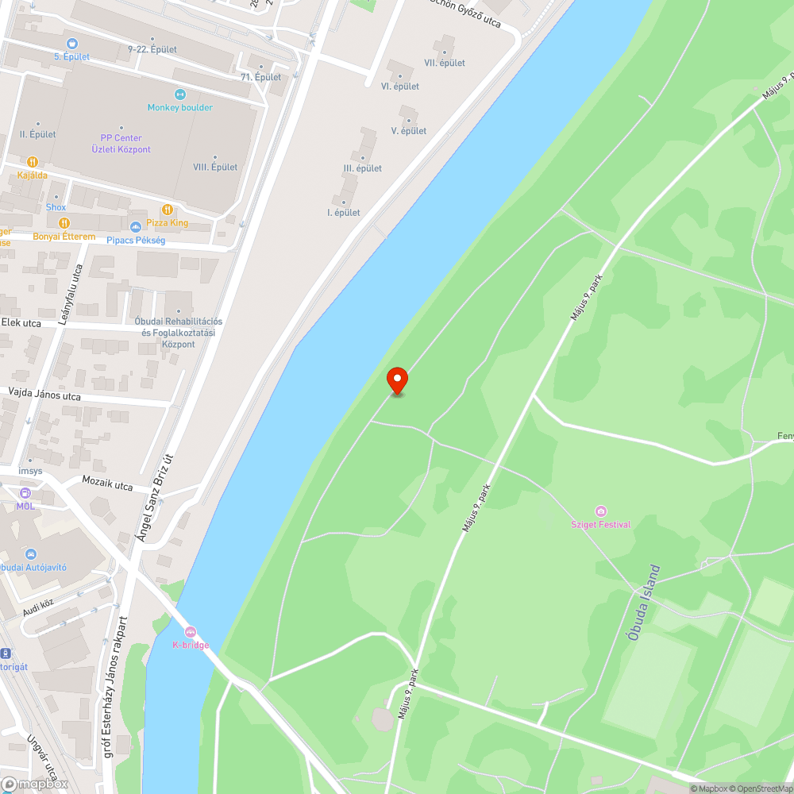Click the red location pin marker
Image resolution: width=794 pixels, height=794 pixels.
(397, 380)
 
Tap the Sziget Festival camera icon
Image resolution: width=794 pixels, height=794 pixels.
(601, 511)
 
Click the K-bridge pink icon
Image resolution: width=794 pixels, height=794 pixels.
(191, 631)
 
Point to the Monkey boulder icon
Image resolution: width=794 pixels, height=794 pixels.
(179, 94)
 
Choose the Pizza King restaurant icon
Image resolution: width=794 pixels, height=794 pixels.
(167, 210)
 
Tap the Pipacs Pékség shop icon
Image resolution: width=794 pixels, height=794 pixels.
(135, 227)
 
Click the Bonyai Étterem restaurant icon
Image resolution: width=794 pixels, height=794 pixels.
(64, 223)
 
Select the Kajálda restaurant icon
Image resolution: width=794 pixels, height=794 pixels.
(33, 161)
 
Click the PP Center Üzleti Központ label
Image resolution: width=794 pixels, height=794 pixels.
(121, 144)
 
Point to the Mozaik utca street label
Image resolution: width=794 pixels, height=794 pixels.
(107, 484)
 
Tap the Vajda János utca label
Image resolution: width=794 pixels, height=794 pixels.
(44, 394)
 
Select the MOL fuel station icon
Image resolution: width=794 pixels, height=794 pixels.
(25, 493)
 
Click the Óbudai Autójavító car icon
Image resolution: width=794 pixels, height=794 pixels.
(30, 553)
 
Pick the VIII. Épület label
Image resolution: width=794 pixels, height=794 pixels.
(215, 167)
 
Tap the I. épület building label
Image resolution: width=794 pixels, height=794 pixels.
(344, 212)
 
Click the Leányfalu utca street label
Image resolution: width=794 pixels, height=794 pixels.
(71, 295)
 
